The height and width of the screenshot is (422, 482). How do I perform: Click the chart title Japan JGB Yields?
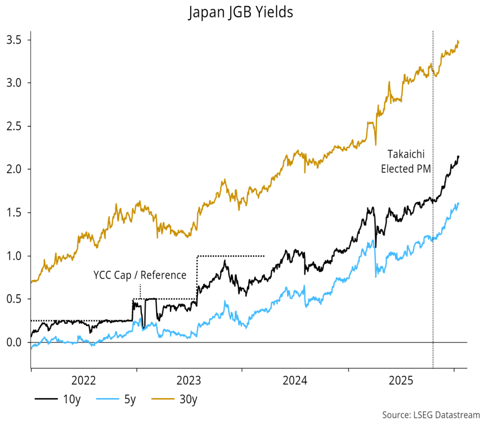coord(241,12)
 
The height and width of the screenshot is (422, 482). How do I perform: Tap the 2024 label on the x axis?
coord(295,380)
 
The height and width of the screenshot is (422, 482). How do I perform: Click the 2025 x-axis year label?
coord(401,380)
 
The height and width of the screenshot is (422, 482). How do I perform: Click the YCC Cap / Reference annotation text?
coord(140,275)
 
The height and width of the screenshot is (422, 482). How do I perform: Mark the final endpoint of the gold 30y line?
coord(458,41)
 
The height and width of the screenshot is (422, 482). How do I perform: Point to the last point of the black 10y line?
coord(458,156)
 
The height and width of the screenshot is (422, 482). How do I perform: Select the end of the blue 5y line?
coord(458,203)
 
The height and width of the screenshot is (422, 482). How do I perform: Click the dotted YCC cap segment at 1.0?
coord(231,256)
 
